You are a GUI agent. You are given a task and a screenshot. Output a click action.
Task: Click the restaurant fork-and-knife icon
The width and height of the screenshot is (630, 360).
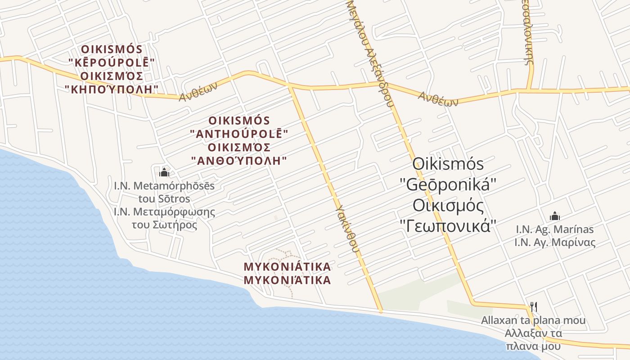(534, 307)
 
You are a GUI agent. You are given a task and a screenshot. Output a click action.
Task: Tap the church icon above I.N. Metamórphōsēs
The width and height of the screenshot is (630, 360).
(164, 172)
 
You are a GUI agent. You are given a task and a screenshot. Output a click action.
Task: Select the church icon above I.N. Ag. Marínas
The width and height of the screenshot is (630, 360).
(555, 216)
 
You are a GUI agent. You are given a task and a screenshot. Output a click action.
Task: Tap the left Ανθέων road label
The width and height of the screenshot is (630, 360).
(198, 91)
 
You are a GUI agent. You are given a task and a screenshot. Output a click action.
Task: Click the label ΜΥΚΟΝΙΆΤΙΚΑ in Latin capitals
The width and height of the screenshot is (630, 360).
(287, 267)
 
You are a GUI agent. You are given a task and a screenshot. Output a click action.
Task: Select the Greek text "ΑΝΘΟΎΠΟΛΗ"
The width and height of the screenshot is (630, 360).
(239, 161)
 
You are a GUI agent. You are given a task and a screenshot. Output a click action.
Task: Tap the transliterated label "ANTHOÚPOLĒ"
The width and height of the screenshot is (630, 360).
(239, 134)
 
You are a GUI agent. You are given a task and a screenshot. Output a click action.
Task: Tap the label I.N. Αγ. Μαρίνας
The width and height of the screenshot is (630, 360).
(555, 243)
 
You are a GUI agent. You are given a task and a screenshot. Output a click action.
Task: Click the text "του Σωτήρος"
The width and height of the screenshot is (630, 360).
(164, 225)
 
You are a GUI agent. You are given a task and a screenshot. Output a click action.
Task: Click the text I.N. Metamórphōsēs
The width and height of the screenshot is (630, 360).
(164, 185)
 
